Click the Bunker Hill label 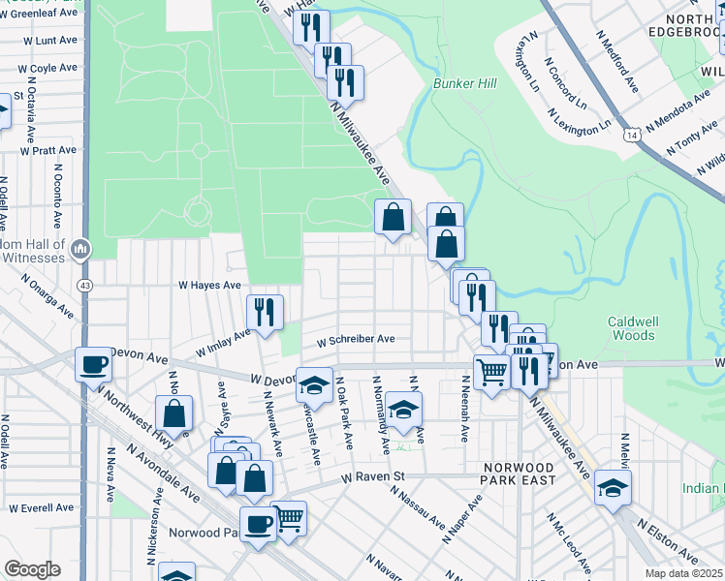point(463,84)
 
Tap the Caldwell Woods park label point(631,328)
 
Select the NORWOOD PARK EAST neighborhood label point(520,474)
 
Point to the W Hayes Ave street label point(208,286)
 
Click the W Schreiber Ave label point(356,339)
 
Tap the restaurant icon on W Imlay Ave point(265,312)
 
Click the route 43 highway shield point(86,286)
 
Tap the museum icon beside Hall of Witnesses point(80,249)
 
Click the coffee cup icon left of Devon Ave point(94,365)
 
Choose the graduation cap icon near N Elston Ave point(613,488)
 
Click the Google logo point(32,569)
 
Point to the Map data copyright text point(682,573)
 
